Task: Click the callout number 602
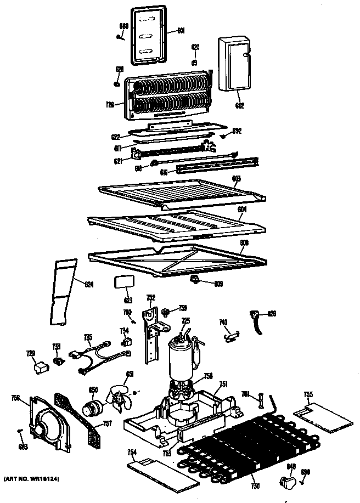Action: [240, 105]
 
